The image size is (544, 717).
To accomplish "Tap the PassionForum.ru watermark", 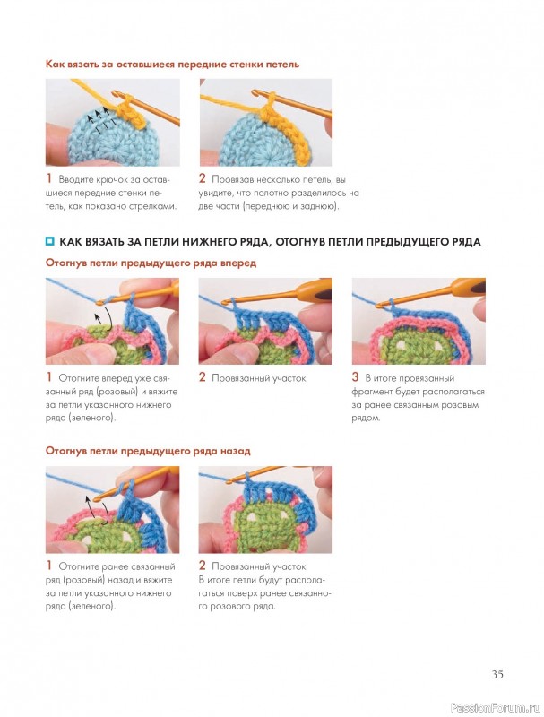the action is coord(495,707).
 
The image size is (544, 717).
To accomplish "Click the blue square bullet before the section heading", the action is coord(49,241).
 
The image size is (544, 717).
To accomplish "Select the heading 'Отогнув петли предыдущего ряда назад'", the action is coord(148,451).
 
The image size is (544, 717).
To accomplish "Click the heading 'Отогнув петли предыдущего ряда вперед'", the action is coord(151,263).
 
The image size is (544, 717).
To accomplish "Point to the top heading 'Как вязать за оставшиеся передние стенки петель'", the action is coord(172,64).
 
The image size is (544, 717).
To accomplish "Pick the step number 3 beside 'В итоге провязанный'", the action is coord(355,377).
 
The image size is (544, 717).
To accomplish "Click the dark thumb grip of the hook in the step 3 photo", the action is coord(478,288).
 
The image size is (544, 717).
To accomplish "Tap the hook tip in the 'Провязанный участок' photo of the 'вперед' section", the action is coord(223,303).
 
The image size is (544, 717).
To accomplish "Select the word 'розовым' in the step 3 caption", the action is coord(462,405).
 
